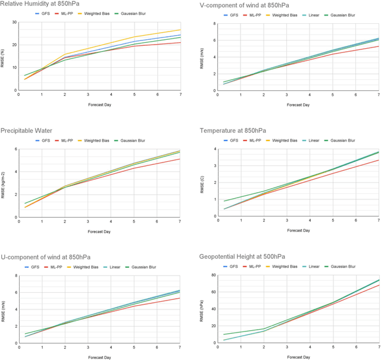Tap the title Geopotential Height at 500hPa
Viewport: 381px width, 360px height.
[243, 256]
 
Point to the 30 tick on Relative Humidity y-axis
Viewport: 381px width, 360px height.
[13, 22]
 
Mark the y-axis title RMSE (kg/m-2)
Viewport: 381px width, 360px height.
[5, 183]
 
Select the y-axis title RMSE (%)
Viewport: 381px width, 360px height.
[5, 57]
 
